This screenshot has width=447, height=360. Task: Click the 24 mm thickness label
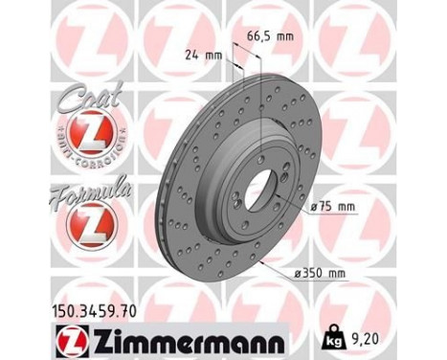[202, 55]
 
